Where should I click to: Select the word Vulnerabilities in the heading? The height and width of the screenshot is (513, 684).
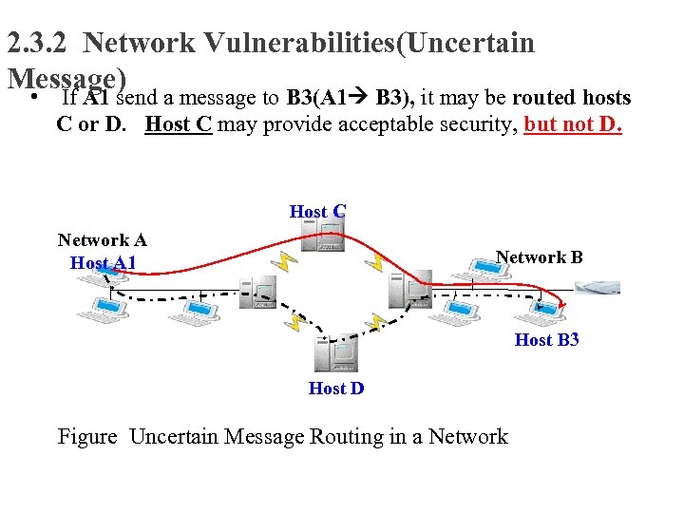pos(275,43)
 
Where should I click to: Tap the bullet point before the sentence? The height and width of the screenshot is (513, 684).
pos(33,99)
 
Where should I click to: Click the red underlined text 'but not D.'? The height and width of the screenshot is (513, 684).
pos(573,124)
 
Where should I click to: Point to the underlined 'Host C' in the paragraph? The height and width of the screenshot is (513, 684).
pos(178,124)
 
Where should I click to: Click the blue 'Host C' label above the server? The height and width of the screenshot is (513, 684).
pos(317,212)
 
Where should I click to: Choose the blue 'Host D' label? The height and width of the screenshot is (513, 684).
pos(336,388)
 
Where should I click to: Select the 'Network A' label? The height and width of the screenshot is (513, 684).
pos(102,240)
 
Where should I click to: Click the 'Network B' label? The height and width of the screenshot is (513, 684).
pos(539,257)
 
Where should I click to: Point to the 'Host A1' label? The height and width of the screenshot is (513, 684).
pos(103,263)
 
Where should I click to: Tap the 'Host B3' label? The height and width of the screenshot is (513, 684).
pos(546,339)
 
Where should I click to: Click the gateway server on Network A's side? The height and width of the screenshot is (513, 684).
pos(257,294)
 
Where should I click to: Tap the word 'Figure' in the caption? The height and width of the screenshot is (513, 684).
pos(87,437)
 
